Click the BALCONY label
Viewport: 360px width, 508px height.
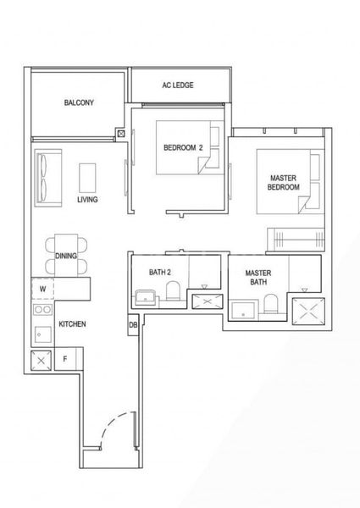[x=78, y=103]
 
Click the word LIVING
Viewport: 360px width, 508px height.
[x=87, y=200]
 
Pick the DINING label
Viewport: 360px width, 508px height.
[x=66, y=255]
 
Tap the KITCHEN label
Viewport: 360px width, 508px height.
[x=72, y=324]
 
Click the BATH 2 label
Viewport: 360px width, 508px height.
[x=160, y=272]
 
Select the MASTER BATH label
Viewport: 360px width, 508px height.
[x=257, y=278]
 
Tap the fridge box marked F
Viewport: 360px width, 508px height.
[x=65, y=358]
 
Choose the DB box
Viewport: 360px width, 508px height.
[x=133, y=325]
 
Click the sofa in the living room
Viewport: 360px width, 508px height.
[x=45, y=179]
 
